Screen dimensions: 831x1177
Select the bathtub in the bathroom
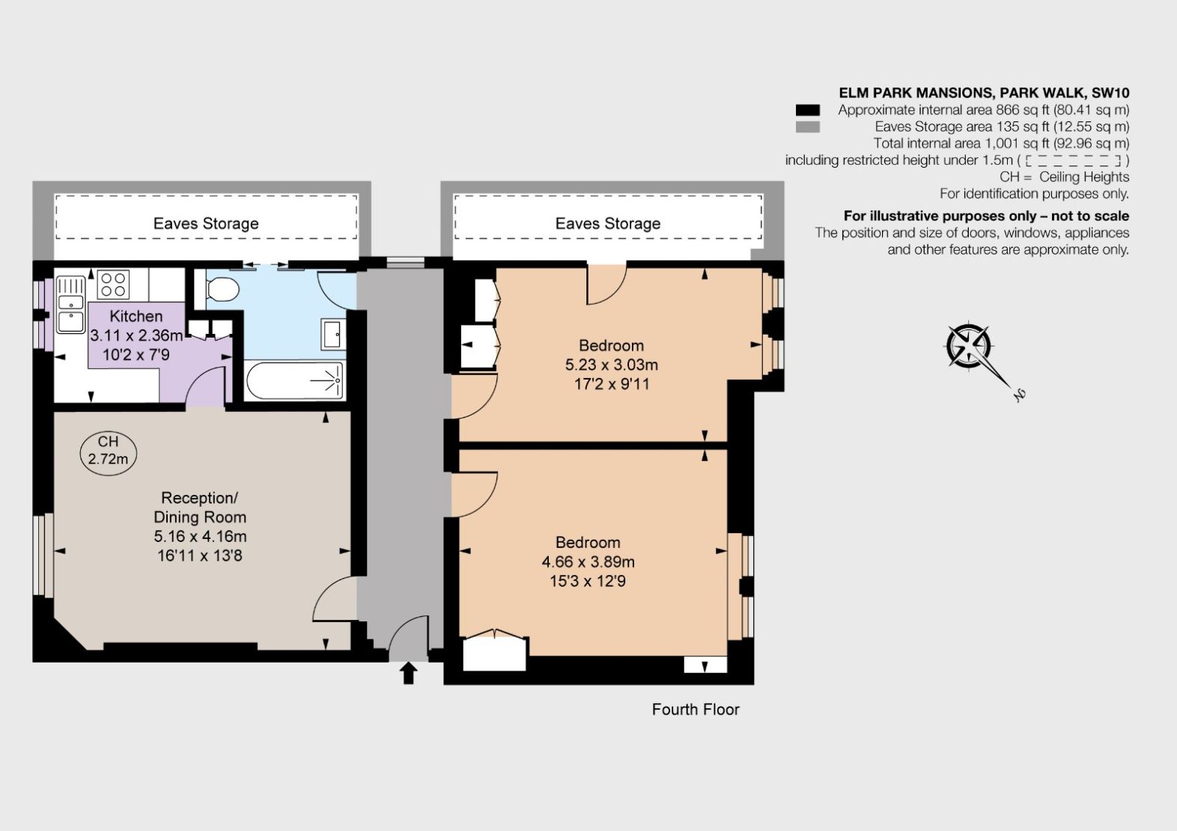(x=294, y=380)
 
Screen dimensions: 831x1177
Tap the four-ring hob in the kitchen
(x=114, y=285)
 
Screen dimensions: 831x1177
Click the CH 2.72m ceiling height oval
(x=109, y=451)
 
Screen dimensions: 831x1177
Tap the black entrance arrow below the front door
(x=408, y=672)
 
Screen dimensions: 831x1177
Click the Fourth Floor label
(x=695, y=709)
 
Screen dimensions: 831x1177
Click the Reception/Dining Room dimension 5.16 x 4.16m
(x=200, y=536)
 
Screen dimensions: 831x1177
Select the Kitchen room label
(x=136, y=316)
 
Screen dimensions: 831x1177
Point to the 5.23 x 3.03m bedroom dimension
(x=611, y=365)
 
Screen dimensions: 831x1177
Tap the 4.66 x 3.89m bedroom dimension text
(x=588, y=561)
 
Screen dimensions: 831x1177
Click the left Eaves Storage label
(x=206, y=223)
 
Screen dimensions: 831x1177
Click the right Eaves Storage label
(x=607, y=223)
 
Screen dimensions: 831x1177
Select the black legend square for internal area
(x=808, y=110)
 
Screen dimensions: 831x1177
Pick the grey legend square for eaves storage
(x=808, y=127)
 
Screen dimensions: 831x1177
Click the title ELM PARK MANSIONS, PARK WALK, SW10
(x=984, y=93)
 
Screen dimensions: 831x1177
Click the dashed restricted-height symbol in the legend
(x=1073, y=160)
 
